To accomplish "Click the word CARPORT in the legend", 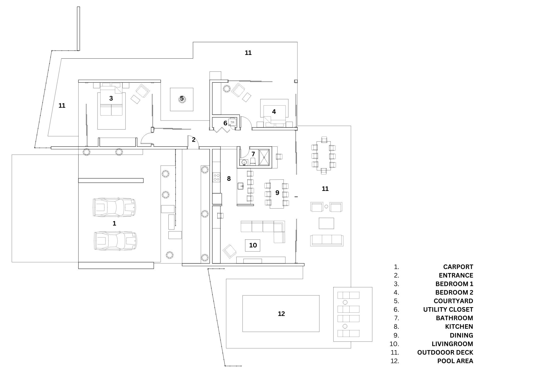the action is [458, 267].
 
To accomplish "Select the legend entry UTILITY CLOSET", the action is [448, 310].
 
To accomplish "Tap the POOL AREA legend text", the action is [455, 361].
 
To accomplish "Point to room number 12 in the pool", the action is [281, 314].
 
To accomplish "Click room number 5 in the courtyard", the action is [182, 99].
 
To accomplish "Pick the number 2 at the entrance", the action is [194, 139].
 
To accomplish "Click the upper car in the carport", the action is [114, 207].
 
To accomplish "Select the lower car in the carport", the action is [115, 240].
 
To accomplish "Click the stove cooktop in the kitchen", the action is [216, 178].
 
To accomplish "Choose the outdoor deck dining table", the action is [324, 156].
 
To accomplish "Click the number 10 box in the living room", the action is [253, 245].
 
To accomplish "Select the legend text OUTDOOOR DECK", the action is [445, 352].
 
